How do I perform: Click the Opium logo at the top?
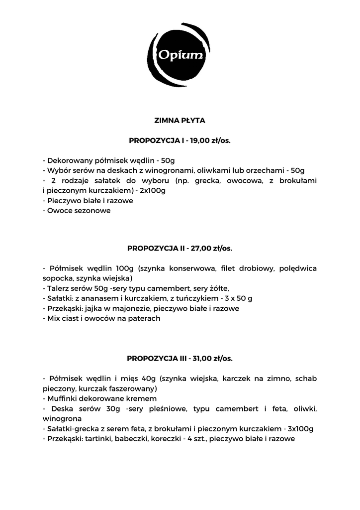tap(180, 55)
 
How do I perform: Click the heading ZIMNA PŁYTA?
tap(180, 121)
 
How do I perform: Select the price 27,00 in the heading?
tap(201, 248)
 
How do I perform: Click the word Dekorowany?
tap(70, 160)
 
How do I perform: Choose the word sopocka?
tap(56, 278)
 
